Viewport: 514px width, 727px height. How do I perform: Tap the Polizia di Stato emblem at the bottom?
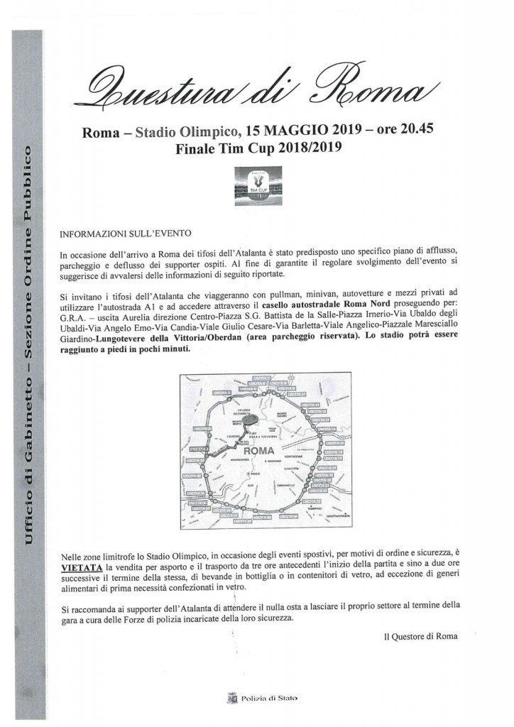(x=231, y=699)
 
